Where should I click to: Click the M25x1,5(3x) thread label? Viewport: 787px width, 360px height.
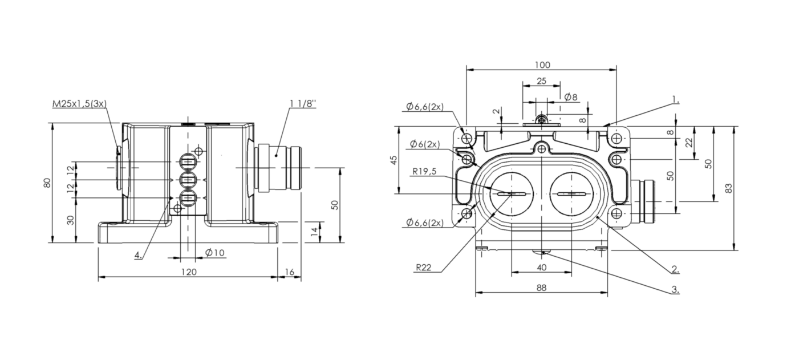coord(80,103)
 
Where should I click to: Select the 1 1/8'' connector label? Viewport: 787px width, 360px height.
coord(302,103)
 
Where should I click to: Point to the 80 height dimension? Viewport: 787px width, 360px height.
coord(47,183)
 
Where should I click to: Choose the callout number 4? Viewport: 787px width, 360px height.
coord(138,256)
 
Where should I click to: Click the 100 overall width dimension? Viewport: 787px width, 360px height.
coord(542,64)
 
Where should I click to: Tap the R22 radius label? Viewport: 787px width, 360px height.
coord(423,267)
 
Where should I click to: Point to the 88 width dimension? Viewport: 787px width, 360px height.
coord(541,288)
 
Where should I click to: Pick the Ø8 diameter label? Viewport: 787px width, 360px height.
coord(571,97)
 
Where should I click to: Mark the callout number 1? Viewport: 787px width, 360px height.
coord(675,99)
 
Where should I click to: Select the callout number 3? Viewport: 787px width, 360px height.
coord(675,290)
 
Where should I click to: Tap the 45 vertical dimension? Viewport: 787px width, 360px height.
coord(393,160)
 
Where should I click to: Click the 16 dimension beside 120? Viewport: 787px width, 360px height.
coord(290,272)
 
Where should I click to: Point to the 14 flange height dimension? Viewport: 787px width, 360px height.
coord(313,231)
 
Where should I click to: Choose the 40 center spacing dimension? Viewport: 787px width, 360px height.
coord(541,267)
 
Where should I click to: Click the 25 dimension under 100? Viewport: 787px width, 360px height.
coord(541,81)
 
